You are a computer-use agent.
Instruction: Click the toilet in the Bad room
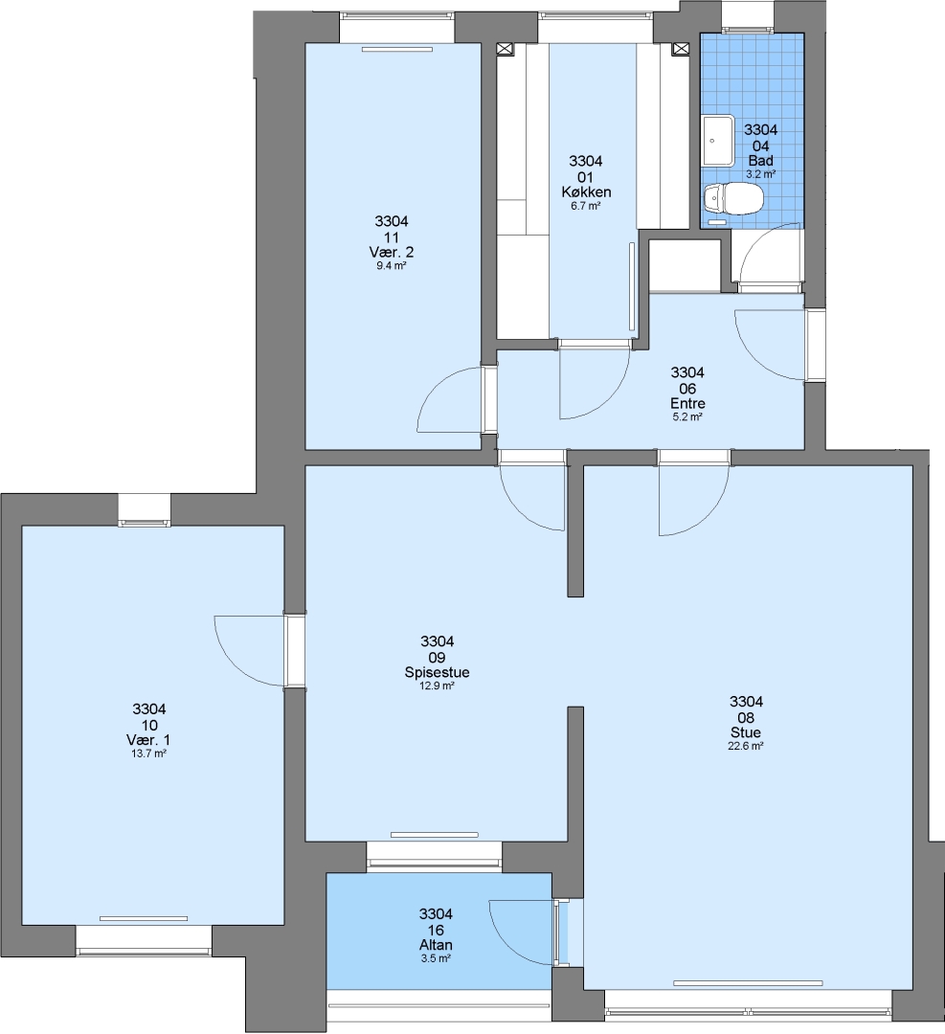(733, 198)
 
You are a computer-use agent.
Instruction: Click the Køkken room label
(586, 191)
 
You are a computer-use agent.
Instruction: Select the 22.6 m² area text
(746, 747)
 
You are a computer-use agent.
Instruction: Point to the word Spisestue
(437, 673)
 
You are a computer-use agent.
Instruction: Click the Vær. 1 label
(148, 740)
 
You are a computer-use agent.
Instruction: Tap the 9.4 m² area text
(391, 266)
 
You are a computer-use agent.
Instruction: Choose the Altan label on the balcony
(436, 945)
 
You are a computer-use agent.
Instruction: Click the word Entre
(687, 404)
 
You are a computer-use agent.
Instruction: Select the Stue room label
(745, 732)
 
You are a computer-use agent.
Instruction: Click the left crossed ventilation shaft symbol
(506, 49)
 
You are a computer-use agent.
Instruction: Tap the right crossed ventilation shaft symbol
(680, 49)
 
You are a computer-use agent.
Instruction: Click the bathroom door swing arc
(758, 244)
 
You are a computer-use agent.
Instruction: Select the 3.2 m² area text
(760, 175)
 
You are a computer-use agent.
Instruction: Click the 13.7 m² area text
(148, 753)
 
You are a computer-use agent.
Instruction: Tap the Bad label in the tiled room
(760, 161)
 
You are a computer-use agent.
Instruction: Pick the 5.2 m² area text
(687, 417)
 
